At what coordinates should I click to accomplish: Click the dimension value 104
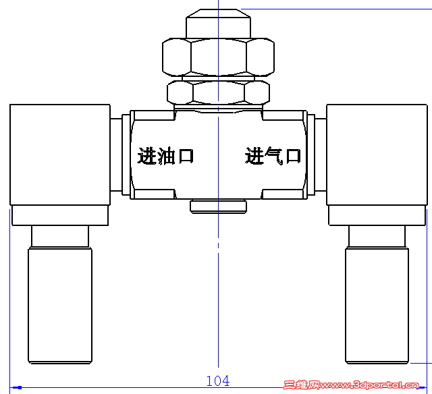[x=217, y=381]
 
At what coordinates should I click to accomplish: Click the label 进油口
[x=166, y=157]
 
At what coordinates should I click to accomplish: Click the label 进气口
[x=273, y=157]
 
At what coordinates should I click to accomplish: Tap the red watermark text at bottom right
[x=356, y=385]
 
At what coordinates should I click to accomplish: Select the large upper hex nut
[x=218, y=57]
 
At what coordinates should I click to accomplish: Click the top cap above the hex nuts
[x=218, y=24]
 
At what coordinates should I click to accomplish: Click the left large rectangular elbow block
[x=59, y=154]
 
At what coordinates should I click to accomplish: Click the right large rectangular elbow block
[x=377, y=154]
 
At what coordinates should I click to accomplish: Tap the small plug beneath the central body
[x=218, y=206]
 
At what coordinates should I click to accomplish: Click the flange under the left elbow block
[x=60, y=216]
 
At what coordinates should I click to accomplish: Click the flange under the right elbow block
[x=377, y=216]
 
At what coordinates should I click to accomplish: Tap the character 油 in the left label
[x=166, y=157]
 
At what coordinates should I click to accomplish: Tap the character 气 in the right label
[x=273, y=157]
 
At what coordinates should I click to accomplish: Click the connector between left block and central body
[x=119, y=154]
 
